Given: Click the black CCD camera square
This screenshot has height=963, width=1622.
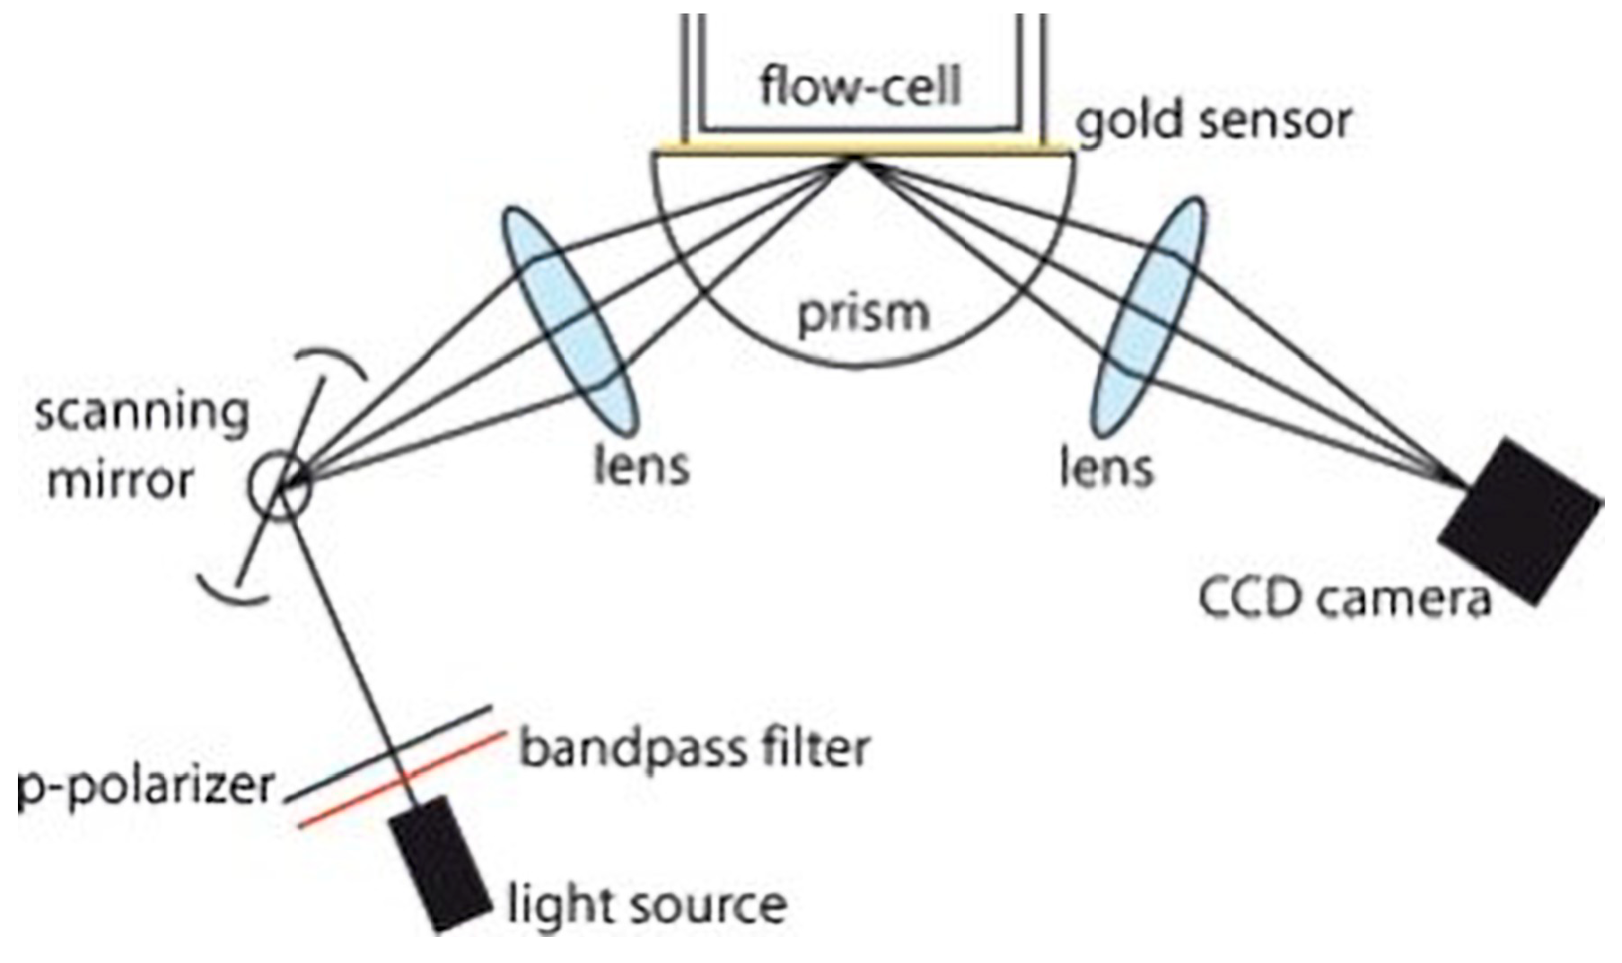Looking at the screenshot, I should pyautogui.click(x=1520, y=520).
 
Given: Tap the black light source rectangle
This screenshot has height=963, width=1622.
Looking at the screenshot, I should pyautogui.click(x=440, y=862).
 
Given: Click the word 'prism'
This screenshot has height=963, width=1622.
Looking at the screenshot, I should pyautogui.click(x=864, y=315).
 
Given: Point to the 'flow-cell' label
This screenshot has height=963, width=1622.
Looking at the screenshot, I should pyautogui.click(x=861, y=87).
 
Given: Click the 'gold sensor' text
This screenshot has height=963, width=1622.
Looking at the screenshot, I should pyautogui.click(x=1214, y=121).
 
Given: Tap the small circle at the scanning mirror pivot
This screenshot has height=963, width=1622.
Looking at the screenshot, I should pyautogui.click(x=280, y=486).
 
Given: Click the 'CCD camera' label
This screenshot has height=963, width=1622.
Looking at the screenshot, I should pyautogui.click(x=1344, y=599).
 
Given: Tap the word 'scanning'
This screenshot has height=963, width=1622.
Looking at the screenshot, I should pyautogui.click(x=141, y=416).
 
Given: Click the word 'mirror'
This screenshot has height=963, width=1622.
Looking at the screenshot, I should pyautogui.click(x=118, y=481).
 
